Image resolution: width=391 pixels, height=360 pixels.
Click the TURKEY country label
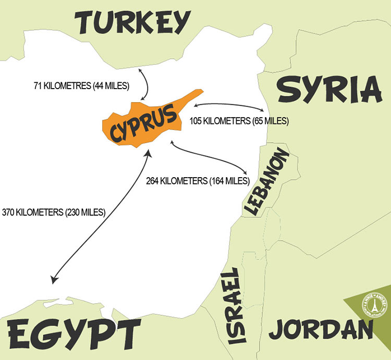coord(131,23)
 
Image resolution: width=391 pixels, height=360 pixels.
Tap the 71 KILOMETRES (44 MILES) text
coord(80,83)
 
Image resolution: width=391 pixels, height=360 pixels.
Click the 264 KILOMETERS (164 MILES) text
coord(198,181)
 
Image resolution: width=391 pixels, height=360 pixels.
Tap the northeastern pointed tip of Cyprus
coord(201,91)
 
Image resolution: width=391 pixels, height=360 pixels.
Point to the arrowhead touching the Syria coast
coord(261,110)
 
